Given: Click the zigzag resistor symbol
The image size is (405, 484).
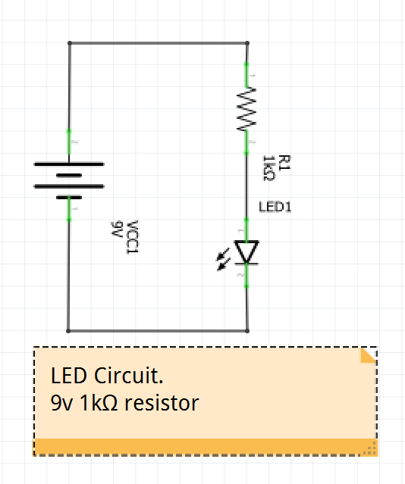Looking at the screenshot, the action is tap(246, 108).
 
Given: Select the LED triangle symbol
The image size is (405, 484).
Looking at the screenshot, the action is tap(246, 252).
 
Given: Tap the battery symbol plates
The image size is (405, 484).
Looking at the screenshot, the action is tap(69, 180).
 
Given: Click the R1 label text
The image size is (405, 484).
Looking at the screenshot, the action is tap(284, 163).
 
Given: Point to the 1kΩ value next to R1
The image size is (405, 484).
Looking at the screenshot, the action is tap(268, 168).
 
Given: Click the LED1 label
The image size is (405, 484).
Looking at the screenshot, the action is tap(275, 207).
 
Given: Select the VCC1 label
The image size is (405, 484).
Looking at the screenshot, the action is tap(132, 237).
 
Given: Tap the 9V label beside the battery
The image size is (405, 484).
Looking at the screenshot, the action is tap(117, 230).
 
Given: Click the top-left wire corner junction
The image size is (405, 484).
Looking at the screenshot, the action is tap(70, 43).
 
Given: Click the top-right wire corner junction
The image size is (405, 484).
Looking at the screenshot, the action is tap(247, 43).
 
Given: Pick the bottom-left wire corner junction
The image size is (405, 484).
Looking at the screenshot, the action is tap(68, 331).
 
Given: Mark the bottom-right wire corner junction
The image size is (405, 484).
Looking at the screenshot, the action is tap(247, 331).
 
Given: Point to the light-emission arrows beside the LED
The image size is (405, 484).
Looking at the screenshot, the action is tap(223, 259).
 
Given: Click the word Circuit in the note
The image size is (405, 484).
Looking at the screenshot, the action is tap(128, 376).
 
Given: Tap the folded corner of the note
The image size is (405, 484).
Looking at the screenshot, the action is tap(369, 355).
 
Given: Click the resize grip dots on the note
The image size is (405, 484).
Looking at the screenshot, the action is tap(370, 448).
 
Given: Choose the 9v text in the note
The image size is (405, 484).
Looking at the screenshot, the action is tap(61, 403).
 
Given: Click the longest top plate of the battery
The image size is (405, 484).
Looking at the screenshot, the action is tap(69, 164).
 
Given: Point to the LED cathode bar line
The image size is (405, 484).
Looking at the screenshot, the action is tap(246, 264).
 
